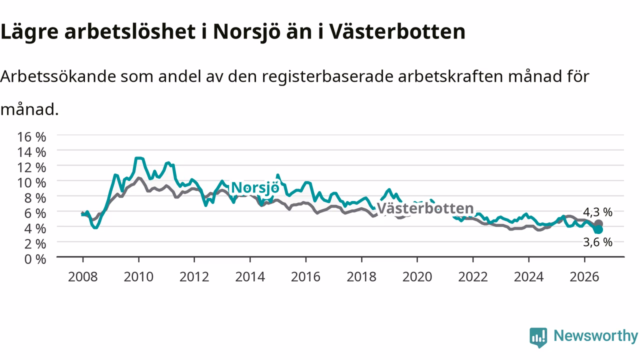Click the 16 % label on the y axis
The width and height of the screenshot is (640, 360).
point(31,137)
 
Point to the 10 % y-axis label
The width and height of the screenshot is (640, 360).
point(31,183)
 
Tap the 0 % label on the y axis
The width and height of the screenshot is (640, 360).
point(35,259)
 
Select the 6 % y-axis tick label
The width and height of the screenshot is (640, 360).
point(35,213)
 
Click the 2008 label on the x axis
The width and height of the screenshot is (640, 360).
point(83,277)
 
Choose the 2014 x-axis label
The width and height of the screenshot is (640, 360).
point(250,277)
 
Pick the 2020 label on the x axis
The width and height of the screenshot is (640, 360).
point(417,277)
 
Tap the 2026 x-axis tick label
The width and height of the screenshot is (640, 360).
point(584,277)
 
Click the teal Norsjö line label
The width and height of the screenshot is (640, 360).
point(255,188)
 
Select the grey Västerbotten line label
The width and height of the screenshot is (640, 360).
point(425,208)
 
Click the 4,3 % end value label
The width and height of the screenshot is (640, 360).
point(597,212)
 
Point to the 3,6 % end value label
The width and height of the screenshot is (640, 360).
point(597,242)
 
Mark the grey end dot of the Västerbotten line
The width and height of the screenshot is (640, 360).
point(598,223)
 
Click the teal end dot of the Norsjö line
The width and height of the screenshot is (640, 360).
point(598,229)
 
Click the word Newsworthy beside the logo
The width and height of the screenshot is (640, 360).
point(595,335)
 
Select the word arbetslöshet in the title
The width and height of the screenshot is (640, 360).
point(130,31)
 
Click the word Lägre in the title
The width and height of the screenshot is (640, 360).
point(29,32)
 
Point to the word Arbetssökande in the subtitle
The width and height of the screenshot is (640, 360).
point(58,76)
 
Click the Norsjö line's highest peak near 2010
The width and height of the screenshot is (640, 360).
point(138,158)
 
